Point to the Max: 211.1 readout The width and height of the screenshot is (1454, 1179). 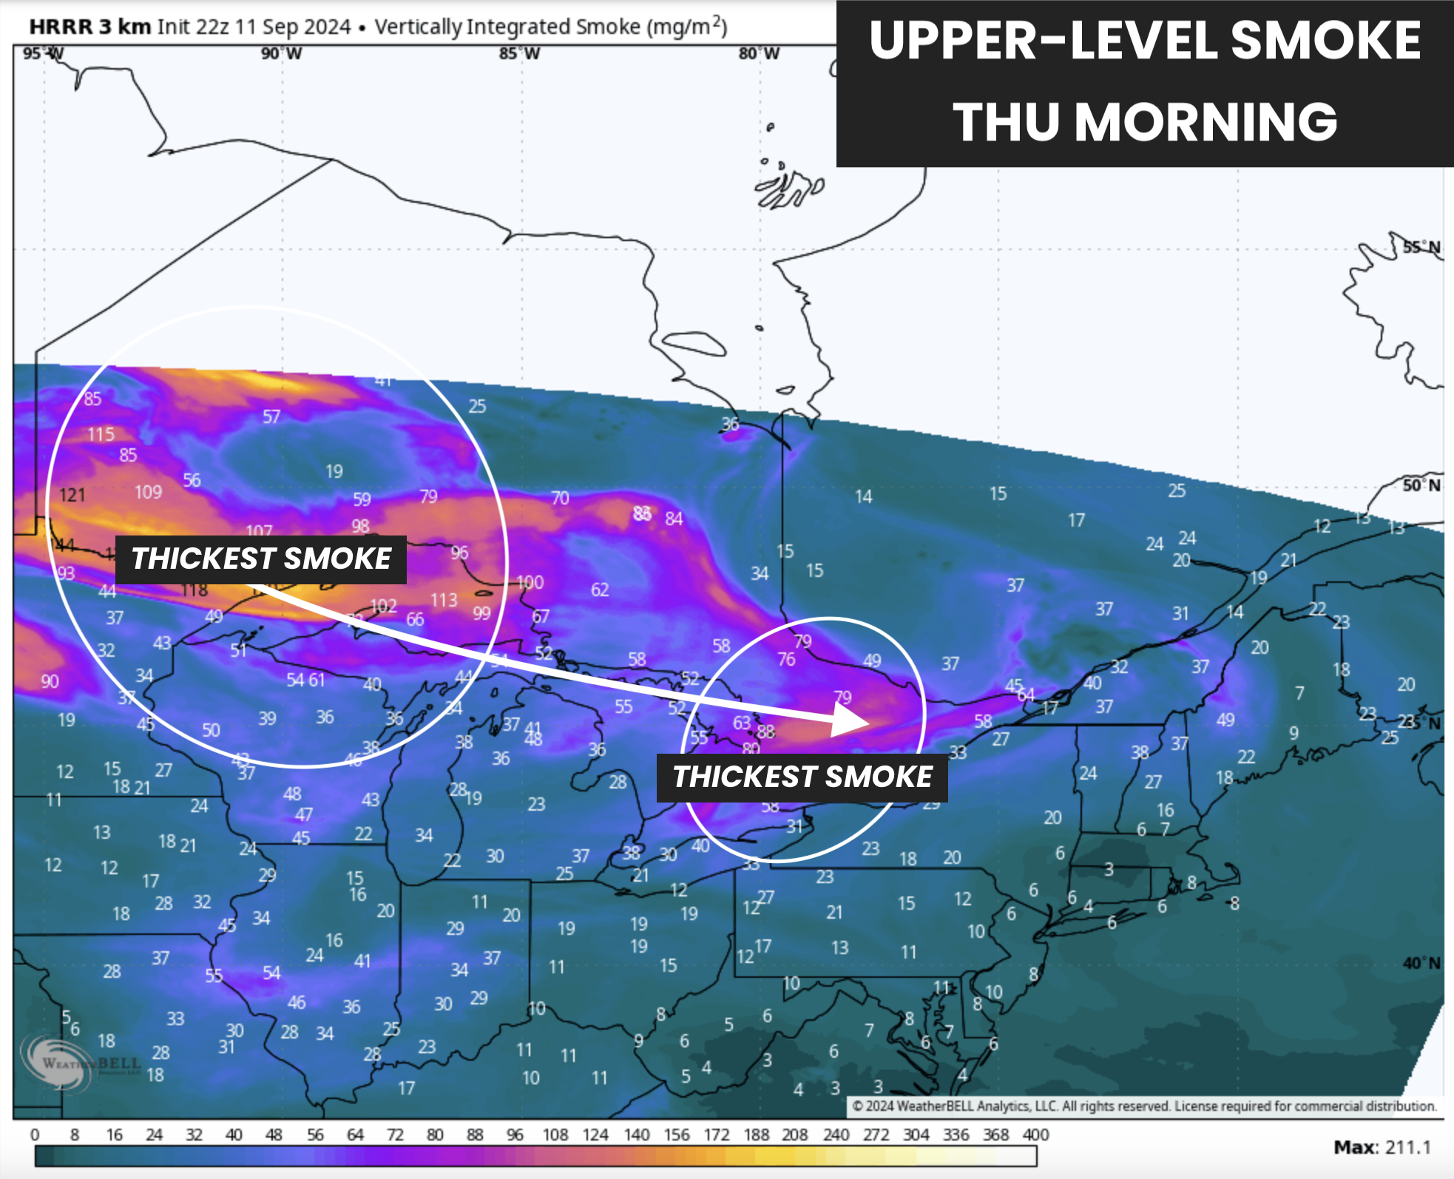click(x=1382, y=1147)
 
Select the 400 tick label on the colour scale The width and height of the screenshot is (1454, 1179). click(x=1035, y=1135)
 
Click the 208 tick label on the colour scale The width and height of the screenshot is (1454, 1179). click(x=795, y=1135)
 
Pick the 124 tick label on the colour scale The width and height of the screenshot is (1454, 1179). click(x=595, y=1135)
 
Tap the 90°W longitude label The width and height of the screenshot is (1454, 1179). click(x=281, y=53)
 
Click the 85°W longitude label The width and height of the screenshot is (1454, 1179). click(x=519, y=53)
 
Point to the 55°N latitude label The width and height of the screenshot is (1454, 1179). click(x=1421, y=247)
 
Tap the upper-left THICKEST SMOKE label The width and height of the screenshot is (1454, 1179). click(x=261, y=559)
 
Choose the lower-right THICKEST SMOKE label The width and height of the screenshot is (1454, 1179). click(x=802, y=777)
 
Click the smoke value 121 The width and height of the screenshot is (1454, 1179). click(x=72, y=495)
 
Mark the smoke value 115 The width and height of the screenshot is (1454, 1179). click(x=101, y=434)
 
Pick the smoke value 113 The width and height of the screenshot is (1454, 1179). click(x=444, y=600)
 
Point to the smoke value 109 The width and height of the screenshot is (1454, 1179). click(x=148, y=492)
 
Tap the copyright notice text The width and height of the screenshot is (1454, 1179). click(x=1144, y=1107)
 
